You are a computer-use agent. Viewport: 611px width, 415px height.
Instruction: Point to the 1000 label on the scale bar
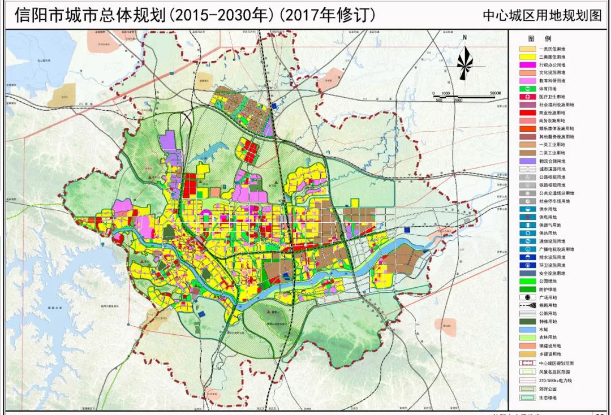(445, 93)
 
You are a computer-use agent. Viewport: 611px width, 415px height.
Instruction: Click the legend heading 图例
(539, 39)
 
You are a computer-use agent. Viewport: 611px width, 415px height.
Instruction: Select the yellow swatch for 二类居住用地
(528, 57)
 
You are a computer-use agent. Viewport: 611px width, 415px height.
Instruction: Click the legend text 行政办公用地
(552, 65)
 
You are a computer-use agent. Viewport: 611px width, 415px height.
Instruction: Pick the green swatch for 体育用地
(528, 89)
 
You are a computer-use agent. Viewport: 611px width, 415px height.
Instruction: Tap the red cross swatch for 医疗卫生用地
(528, 97)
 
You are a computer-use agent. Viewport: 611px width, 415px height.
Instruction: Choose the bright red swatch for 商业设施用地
(528, 113)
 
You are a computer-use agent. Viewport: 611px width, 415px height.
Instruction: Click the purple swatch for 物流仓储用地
(528, 161)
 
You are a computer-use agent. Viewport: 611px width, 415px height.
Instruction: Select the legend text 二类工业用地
(552, 153)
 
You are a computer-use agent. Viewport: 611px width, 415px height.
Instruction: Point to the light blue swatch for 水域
(528, 329)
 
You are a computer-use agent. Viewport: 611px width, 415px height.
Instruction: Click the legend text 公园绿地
(548, 281)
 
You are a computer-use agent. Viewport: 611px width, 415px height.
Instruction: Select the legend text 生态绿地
(548, 398)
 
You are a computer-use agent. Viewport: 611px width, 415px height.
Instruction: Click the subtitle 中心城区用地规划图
(541, 16)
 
